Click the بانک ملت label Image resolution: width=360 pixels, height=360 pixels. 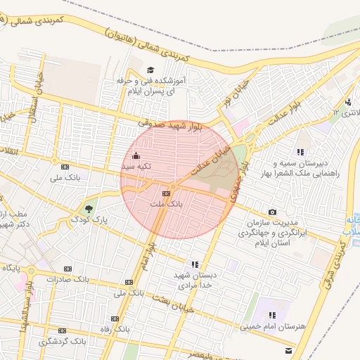(x=167, y=204)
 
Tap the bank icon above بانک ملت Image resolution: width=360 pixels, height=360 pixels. (x=167, y=193)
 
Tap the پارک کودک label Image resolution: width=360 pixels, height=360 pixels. (x=91, y=221)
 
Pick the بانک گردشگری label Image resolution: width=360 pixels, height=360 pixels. (x=63, y=341)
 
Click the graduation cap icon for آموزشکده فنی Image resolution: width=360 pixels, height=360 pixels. (x=150, y=70)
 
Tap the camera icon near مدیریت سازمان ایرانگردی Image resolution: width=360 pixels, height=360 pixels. (x=272, y=212)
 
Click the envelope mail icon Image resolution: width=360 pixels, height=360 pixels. (x=287, y=349)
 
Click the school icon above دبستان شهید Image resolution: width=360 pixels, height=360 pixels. (x=194, y=264)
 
